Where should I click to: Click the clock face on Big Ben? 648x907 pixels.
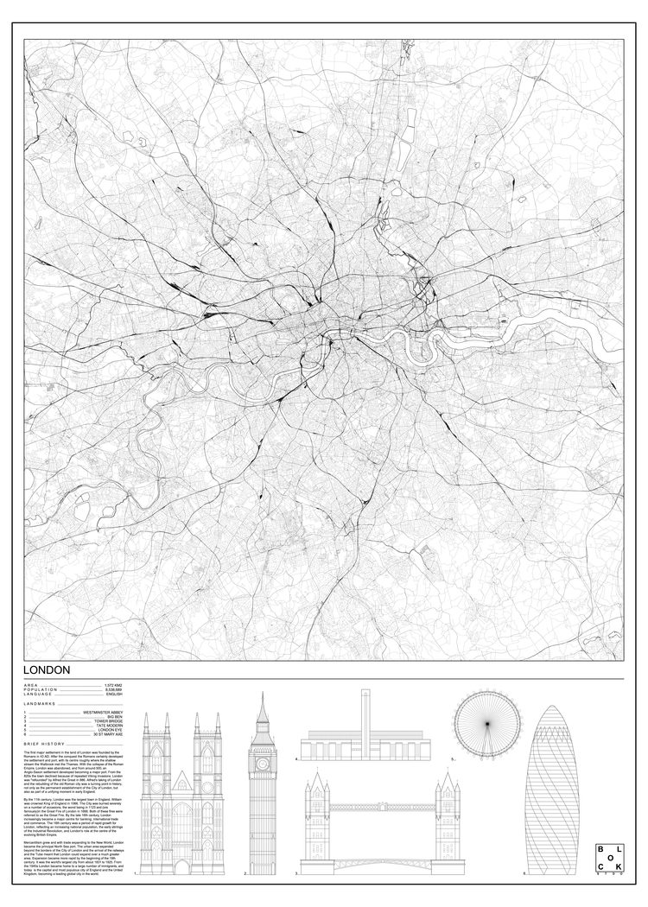(x=263, y=764)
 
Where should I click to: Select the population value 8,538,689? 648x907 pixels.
(x=113, y=689)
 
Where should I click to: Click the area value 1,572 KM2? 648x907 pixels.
(x=114, y=684)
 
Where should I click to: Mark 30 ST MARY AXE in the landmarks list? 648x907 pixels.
(x=108, y=734)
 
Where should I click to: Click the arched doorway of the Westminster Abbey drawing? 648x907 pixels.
(x=181, y=864)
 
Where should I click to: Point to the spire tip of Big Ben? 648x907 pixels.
(x=263, y=694)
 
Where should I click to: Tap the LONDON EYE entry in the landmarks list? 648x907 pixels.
(x=111, y=729)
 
